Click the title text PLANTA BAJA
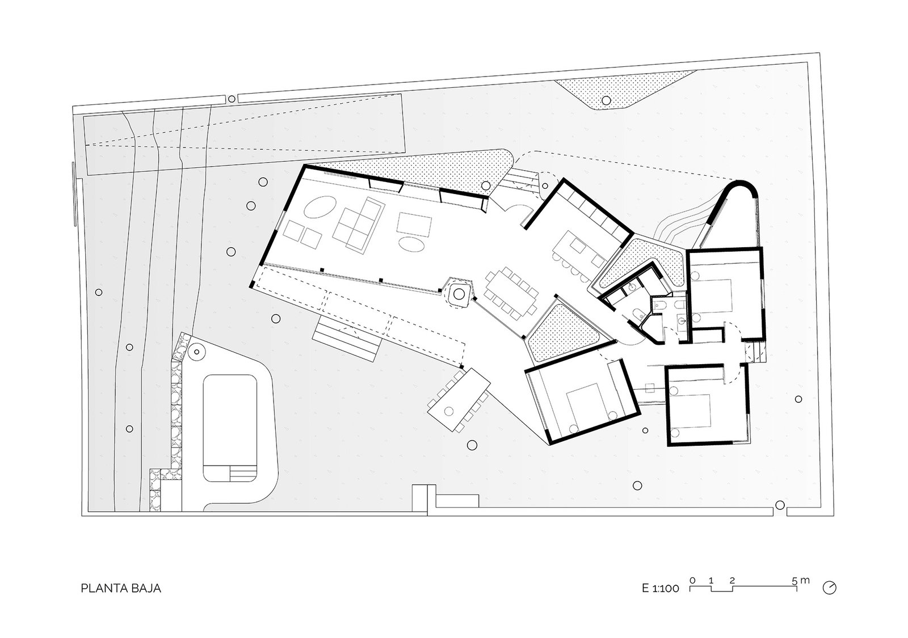click(121, 588)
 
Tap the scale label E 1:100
click(661, 589)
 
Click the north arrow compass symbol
click(829, 588)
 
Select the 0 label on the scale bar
click(692, 581)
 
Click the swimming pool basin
click(230, 428)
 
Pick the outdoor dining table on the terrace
click(459, 400)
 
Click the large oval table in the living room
click(320, 208)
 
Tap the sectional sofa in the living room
click(358, 225)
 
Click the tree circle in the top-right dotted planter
click(606, 100)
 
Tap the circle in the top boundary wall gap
click(232, 99)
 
